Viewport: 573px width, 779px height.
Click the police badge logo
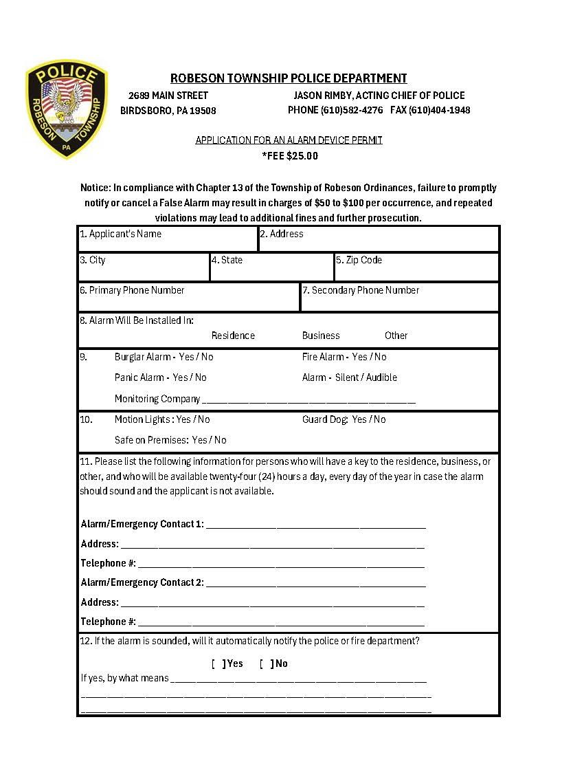click(67, 109)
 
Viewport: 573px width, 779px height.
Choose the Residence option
click(233, 336)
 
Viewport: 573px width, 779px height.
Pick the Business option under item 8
click(321, 336)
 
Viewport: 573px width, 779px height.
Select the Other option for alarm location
click(396, 336)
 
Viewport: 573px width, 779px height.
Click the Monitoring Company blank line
click(308, 399)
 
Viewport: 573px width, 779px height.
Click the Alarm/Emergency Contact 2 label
click(142, 582)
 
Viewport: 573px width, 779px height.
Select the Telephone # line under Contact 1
click(280, 564)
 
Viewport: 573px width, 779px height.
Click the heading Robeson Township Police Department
click(289, 78)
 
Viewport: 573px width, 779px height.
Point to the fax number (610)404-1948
click(440, 110)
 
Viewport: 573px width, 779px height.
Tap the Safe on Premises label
click(151, 440)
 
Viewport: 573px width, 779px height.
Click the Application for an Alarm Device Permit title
click(289, 140)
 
